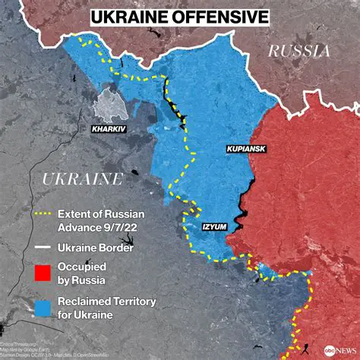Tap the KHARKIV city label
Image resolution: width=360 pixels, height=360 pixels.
tap(109, 129)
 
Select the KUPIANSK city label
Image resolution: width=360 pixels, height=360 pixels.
tap(245, 150)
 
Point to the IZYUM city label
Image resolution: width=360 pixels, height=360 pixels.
tap(214, 226)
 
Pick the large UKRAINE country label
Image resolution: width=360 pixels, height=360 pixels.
tap(82, 179)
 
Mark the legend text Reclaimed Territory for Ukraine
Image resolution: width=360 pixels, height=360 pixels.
tap(107, 308)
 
